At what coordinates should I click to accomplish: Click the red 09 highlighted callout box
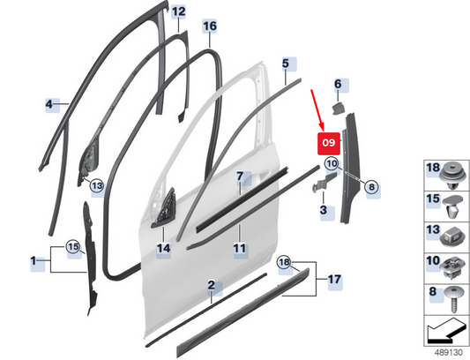coord(329,144)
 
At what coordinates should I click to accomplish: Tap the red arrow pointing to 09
coord(317,110)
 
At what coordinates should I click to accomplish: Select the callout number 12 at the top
coord(179,12)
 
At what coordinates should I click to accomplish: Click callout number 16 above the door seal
coord(210,26)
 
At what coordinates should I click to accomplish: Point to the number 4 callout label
coord(48,104)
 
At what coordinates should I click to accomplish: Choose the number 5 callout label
coord(286,64)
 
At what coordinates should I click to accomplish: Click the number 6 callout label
coord(338,84)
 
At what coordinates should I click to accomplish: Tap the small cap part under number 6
coord(338,108)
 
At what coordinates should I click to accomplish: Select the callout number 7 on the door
coord(240,176)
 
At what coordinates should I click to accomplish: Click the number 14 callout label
coord(164,249)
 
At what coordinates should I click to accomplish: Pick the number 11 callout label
coord(240,249)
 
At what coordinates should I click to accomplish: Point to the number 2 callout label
coord(212,285)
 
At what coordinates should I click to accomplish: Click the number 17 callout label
coord(334,280)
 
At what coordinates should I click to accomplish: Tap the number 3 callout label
coord(323,210)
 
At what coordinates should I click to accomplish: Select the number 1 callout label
coord(34,260)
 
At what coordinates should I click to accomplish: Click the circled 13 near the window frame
coord(97,186)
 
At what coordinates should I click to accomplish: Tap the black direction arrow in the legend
coord(444,331)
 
